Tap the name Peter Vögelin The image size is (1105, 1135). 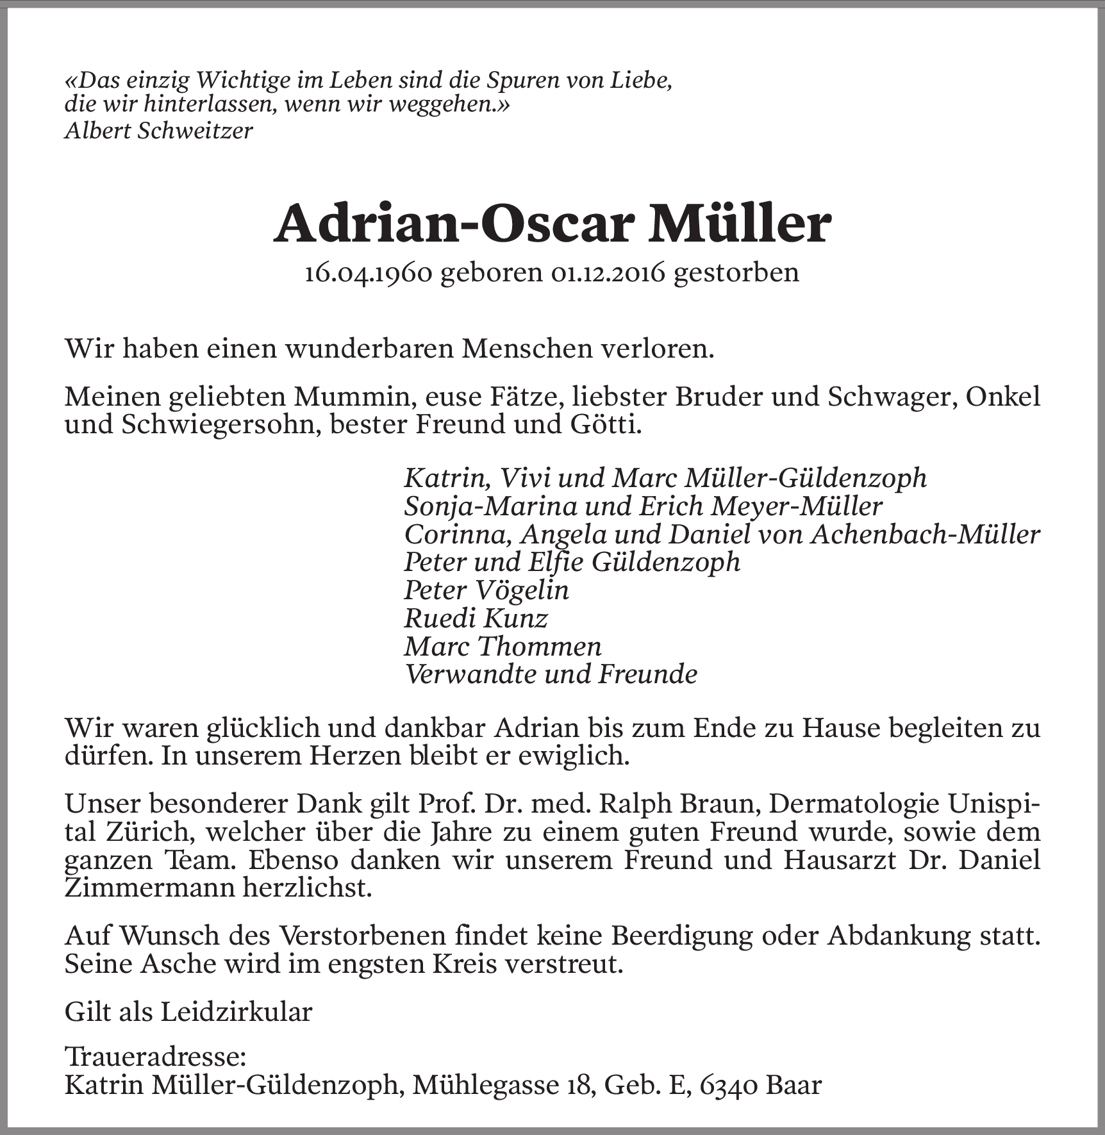[x=486, y=590]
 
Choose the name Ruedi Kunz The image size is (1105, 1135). [x=476, y=618]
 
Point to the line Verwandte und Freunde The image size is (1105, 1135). [x=551, y=674]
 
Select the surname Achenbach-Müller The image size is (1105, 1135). [x=925, y=534]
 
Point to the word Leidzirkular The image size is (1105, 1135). [x=236, y=1012]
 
